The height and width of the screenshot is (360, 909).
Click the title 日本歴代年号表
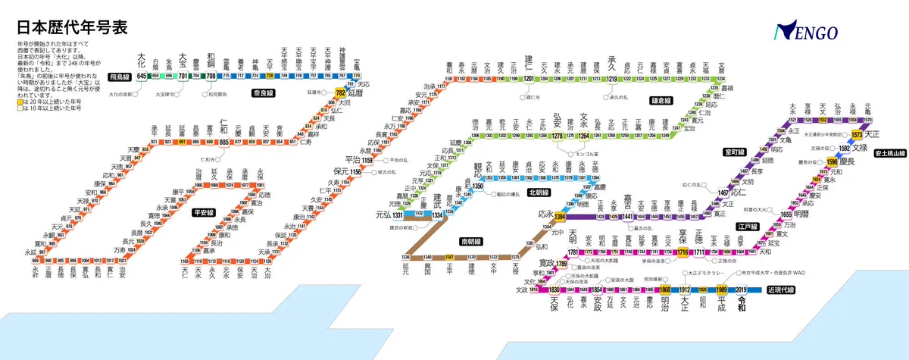72,27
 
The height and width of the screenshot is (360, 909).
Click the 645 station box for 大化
142,76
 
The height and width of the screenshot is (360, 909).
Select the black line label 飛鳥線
120,77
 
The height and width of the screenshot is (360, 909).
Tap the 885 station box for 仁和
224,141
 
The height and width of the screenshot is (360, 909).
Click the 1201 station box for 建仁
529,78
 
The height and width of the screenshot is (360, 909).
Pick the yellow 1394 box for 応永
560,217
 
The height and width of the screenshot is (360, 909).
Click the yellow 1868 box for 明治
665,290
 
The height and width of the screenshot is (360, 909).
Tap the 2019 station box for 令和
741,290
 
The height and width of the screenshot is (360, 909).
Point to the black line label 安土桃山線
889,153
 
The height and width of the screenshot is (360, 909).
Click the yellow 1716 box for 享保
682,252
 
